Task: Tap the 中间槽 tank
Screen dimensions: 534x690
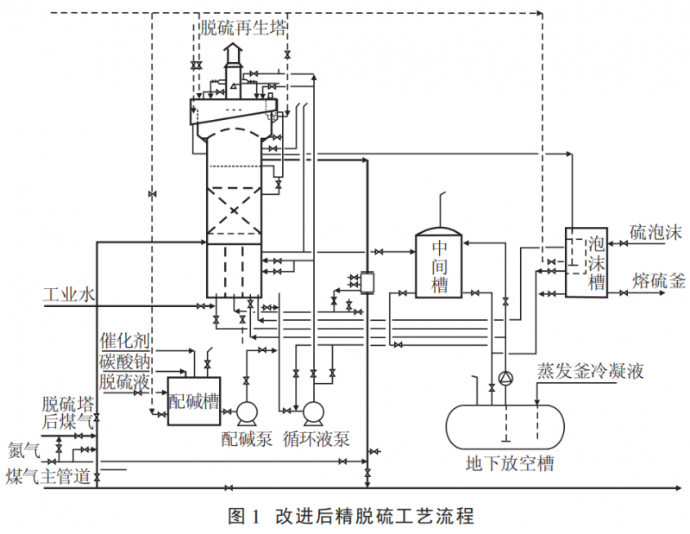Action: [x=440, y=264]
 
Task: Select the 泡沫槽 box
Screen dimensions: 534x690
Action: [x=586, y=261]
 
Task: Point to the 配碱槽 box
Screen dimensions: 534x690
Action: [x=191, y=403]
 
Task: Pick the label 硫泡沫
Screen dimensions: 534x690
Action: [x=655, y=233]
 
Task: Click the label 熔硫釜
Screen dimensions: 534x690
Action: [x=659, y=280]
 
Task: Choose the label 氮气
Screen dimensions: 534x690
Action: [x=24, y=449]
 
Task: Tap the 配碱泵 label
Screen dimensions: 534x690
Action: [x=247, y=439]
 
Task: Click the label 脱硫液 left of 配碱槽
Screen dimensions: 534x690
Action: [x=126, y=380]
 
